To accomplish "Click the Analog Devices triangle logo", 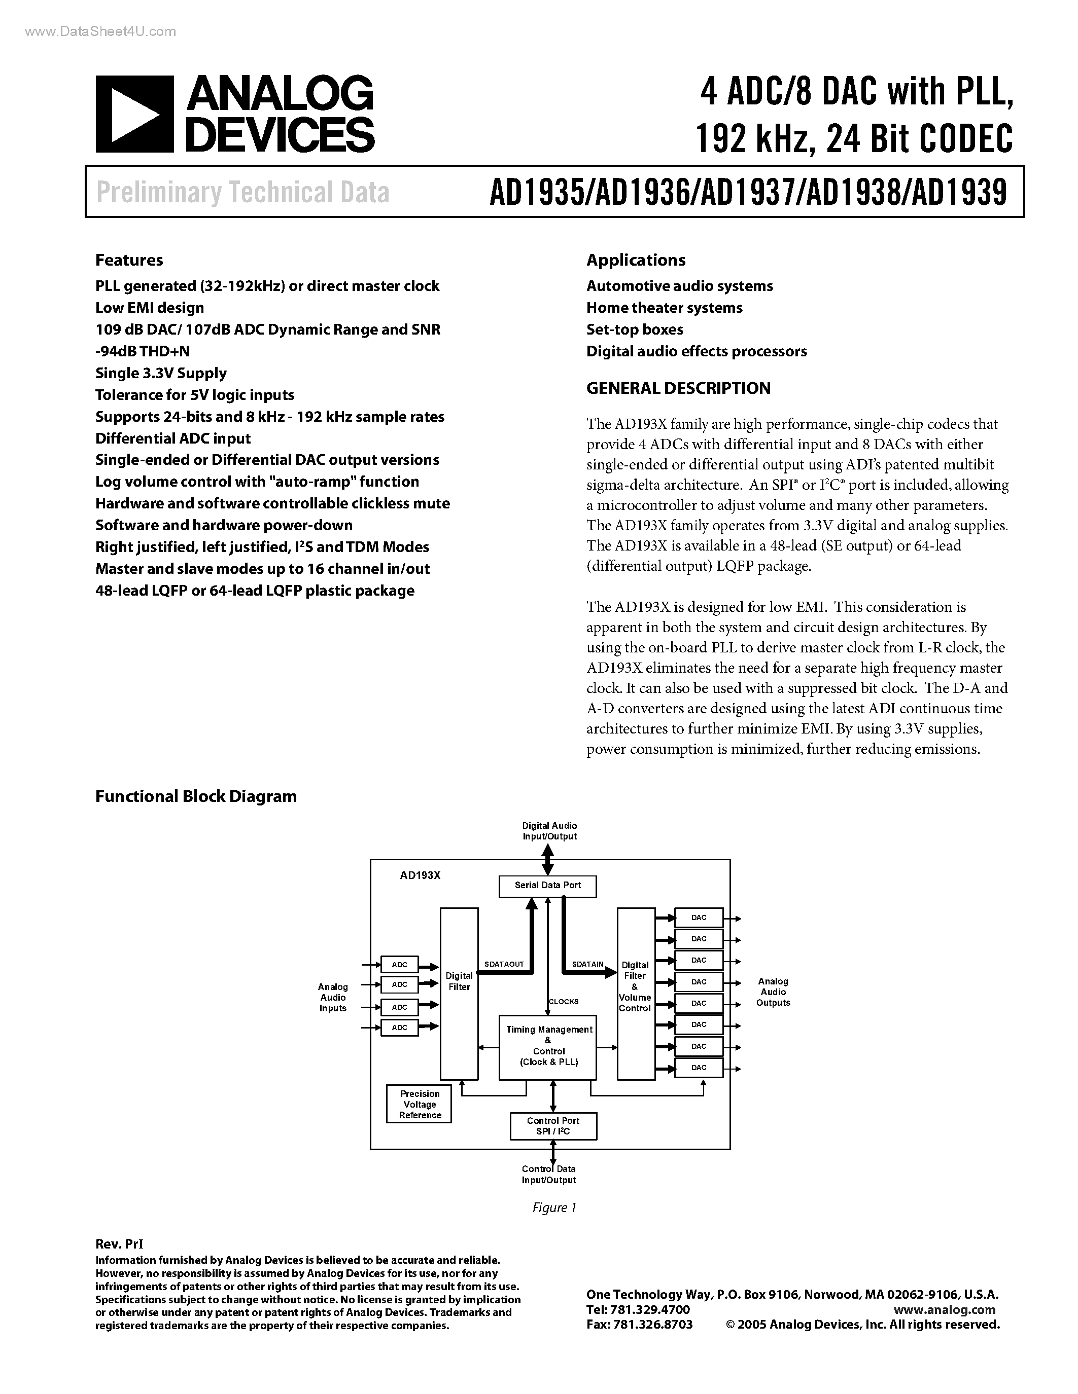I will (134, 114).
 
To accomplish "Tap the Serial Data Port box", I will (548, 885).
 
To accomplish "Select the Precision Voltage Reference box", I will (420, 1104).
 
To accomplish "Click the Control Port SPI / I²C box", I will (553, 1126).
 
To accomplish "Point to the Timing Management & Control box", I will (548, 1045).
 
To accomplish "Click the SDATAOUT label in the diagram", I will (504, 964).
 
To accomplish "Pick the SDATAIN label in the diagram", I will (587, 964).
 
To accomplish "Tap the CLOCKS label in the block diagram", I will (564, 1002).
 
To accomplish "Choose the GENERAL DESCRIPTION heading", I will (678, 388).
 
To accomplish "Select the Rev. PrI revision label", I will (119, 1244).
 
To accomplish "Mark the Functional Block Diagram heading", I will (196, 796).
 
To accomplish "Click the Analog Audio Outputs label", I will (773, 992).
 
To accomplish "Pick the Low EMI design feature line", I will (150, 308).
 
